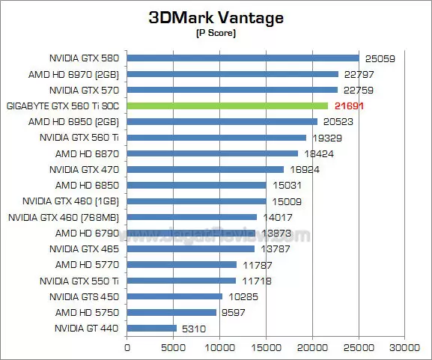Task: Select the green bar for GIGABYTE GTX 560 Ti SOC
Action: click(x=228, y=106)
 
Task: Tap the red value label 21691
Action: click(x=349, y=106)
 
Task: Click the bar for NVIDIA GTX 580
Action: click(x=243, y=58)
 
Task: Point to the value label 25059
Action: click(x=380, y=58)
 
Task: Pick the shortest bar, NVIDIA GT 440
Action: click(x=152, y=328)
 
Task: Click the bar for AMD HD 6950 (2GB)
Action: click(x=222, y=121)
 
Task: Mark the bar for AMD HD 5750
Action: click(x=171, y=312)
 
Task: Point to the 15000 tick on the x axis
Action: click(x=267, y=347)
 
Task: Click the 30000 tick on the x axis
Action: click(x=405, y=347)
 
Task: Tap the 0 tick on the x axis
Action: click(x=127, y=347)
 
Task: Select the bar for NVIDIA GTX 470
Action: click(x=206, y=169)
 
